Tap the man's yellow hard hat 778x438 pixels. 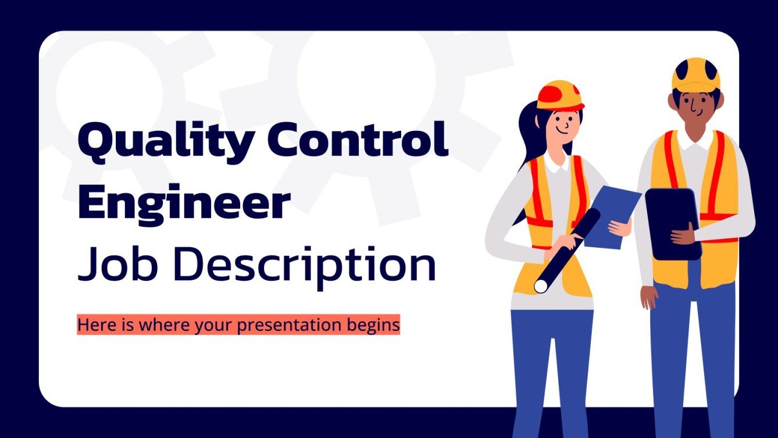pos(695,74)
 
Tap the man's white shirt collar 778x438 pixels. pos(695,140)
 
